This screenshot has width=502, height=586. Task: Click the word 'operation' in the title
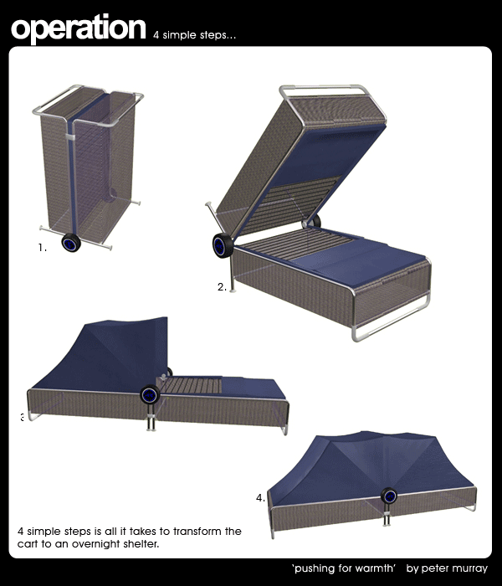pyautogui.click(x=79, y=28)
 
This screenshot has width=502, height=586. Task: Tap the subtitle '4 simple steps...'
pyautogui.click(x=194, y=35)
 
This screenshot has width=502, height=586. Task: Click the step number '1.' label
pyautogui.click(x=42, y=248)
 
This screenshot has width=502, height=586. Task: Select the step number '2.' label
pyautogui.click(x=222, y=287)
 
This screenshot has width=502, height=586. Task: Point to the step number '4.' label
pyautogui.click(x=260, y=498)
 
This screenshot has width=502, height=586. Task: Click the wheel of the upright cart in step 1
pyautogui.click(x=71, y=243)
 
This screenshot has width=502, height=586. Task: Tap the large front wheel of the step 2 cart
pyautogui.click(x=223, y=245)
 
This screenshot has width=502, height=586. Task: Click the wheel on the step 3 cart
pyautogui.click(x=150, y=394)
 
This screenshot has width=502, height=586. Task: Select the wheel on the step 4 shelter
pyautogui.click(x=389, y=496)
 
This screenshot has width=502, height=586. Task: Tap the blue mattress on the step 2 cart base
pyautogui.click(x=359, y=260)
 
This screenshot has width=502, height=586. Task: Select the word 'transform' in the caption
pyautogui.click(x=197, y=531)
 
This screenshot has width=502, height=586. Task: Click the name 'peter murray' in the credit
pyautogui.click(x=454, y=568)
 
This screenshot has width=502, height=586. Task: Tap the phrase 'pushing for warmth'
pyautogui.click(x=344, y=568)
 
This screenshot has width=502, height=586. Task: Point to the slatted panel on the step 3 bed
pyautogui.click(x=192, y=385)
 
